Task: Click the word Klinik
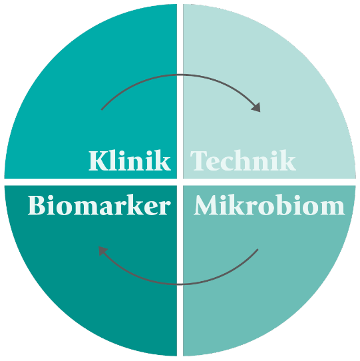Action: click(130, 161)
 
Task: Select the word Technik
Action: click(243, 161)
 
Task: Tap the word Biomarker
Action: click(99, 205)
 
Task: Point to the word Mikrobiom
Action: click(269, 205)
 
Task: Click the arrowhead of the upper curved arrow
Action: click(256, 107)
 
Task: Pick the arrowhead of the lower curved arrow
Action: click(102, 250)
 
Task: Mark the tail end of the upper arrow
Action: click(102, 110)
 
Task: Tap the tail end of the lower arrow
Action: click(258, 249)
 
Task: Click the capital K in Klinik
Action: click(98, 161)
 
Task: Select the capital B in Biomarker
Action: click(37, 205)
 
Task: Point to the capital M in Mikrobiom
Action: click(207, 205)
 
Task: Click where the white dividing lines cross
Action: click(180, 182)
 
